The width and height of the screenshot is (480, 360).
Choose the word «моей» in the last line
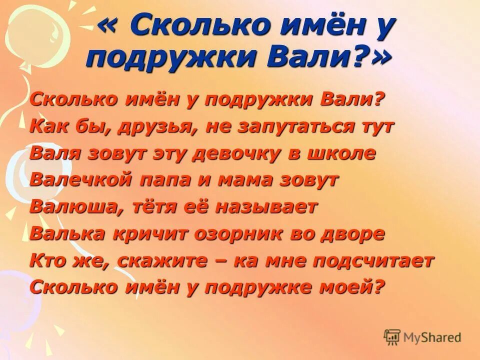[x=350, y=287]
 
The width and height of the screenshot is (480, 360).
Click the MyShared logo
[x=422, y=337]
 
